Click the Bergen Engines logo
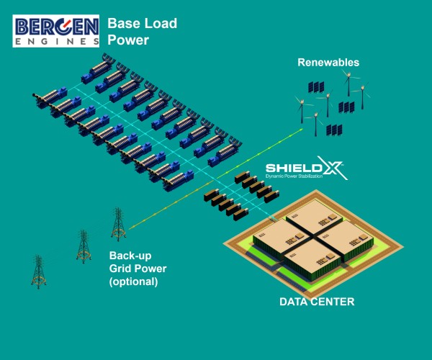pyautogui.click(x=55, y=30)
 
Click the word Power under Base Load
pyautogui.click(x=128, y=40)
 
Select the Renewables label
pyautogui.click(x=328, y=63)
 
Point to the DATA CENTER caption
pyautogui.click(x=317, y=302)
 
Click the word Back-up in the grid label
pyautogui.click(x=131, y=256)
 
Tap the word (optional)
pyautogui.click(x=134, y=282)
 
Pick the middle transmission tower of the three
pyautogui.click(x=84, y=246)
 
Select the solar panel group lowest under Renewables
pyautogui.click(x=333, y=130)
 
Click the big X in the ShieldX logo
pyautogui.click(x=336, y=169)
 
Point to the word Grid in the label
pyautogui.click(x=122, y=269)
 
